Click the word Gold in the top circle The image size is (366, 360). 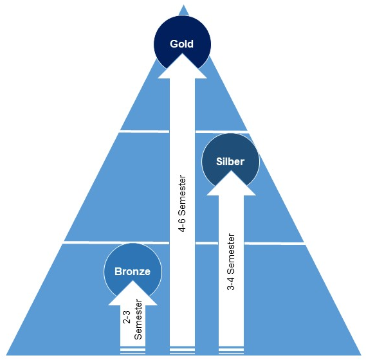[181, 44]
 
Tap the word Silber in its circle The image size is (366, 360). [230, 162]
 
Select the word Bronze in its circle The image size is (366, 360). [133, 271]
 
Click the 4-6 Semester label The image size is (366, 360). [182, 204]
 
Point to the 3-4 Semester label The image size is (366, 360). [231, 262]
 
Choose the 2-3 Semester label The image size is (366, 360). [133, 319]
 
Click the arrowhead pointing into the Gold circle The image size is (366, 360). [182, 66]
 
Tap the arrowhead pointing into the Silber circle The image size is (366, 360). [231, 183]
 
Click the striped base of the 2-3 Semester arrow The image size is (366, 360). [133, 350]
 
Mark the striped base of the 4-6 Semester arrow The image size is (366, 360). [182, 350]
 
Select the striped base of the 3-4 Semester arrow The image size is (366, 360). [231, 350]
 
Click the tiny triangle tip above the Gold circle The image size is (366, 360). [183, 4]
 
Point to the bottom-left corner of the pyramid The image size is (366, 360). [6, 355]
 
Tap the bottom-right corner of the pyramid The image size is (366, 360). [361, 355]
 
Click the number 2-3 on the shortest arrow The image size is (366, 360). [127, 317]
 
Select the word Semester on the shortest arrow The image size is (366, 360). [138, 319]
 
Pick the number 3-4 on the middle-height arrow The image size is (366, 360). [231, 283]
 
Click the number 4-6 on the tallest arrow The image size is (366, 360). [182, 226]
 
